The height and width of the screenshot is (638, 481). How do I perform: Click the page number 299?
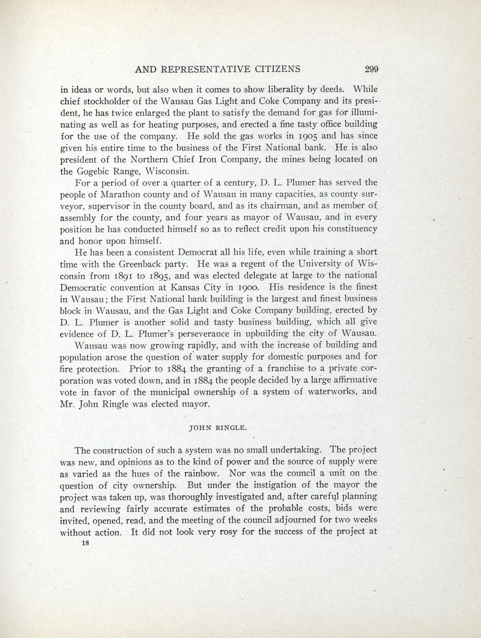pyautogui.click(x=371, y=69)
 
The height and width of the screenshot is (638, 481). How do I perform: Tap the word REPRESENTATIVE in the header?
pyautogui.click(x=206, y=69)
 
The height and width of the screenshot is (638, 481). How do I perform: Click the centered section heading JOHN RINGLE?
pyautogui.click(x=218, y=428)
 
